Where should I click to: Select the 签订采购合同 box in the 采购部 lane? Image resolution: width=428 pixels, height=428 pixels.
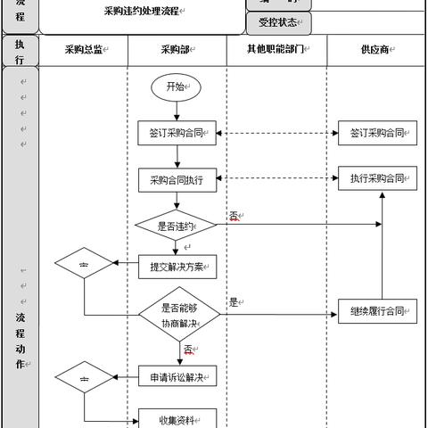177,134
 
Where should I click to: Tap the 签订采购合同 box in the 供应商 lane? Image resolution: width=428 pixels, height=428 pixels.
378,134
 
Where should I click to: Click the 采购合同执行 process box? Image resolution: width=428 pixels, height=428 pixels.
177,180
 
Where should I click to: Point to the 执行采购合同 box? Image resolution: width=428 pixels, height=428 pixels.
378,177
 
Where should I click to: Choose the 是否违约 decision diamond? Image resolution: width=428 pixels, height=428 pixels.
177,226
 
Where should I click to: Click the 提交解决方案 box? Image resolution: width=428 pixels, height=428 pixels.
177,266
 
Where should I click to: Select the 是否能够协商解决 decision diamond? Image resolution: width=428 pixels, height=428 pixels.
178,314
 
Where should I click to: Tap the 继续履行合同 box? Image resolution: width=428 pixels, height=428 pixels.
378,313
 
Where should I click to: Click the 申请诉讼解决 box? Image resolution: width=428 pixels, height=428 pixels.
177,377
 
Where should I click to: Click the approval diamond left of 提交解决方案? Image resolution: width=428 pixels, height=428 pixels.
85,264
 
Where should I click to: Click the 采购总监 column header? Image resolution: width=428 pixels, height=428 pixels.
85,50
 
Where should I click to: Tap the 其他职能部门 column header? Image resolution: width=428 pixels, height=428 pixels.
276,50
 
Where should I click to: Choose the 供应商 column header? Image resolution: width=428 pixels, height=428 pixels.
376,50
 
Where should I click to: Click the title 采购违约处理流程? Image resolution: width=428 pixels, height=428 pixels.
141,12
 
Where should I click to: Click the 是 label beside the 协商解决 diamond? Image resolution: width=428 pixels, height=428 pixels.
234,302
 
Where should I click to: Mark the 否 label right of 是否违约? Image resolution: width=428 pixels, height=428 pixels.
234,216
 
